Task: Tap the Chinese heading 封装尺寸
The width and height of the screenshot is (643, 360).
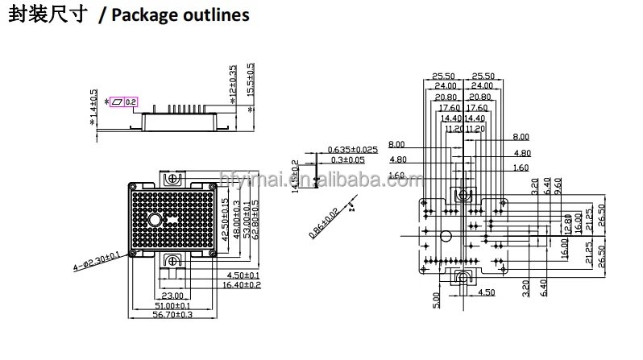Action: pos(47,15)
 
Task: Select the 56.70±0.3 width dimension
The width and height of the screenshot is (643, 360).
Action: pos(174,317)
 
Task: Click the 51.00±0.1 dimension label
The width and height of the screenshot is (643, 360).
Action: pos(174,306)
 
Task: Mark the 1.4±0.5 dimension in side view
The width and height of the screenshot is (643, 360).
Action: pos(94,106)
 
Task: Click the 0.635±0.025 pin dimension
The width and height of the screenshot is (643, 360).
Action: pos(353,150)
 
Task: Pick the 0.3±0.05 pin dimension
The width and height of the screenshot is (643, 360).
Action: pos(346,159)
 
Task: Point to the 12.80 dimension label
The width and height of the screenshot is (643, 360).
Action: pos(568,222)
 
